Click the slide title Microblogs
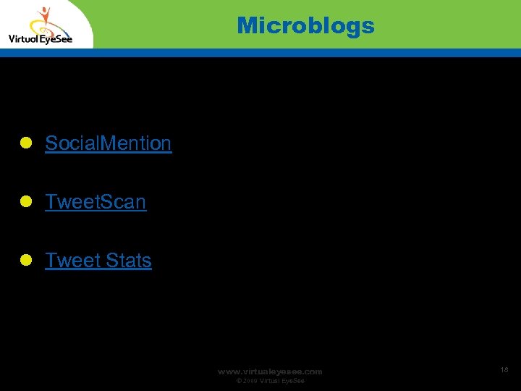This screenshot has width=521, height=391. click(305, 26)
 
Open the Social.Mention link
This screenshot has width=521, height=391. click(108, 143)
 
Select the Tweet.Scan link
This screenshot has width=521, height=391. click(96, 202)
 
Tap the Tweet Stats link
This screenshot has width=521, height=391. click(98, 260)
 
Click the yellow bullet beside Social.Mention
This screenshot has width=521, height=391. click(25, 144)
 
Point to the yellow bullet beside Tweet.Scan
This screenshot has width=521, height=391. click(25, 203)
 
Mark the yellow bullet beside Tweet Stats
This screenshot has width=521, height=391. click(25, 261)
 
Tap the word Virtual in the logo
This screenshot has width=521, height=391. click(23, 39)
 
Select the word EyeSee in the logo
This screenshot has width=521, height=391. click(57, 39)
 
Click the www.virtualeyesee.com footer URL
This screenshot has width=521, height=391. click(270, 371)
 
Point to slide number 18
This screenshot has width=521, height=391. click(504, 370)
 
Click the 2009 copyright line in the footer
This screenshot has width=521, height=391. click(269, 381)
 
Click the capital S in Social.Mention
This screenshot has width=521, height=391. click(51, 143)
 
